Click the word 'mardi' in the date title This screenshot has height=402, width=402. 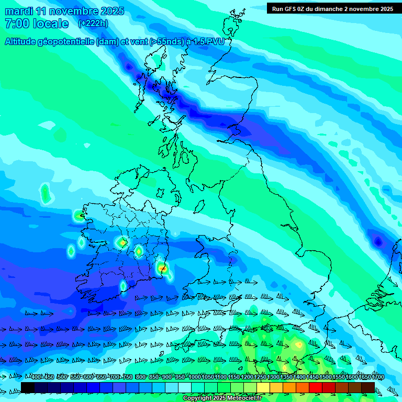coord(19,11)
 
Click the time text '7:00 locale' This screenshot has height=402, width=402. coord(37,24)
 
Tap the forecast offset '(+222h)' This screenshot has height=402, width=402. coord(93,23)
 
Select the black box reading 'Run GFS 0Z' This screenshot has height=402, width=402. coord(332,8)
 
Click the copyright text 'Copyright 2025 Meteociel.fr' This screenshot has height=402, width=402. coord(222,398)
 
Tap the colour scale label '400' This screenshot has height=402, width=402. coord(36,377)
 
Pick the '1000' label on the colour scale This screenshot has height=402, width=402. coord(195,377)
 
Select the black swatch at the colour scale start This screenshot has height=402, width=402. coord(28,387)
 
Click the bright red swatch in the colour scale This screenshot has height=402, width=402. coord(316,387)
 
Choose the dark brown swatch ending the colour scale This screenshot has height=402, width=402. coord(368,387)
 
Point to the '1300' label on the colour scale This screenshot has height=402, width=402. coord(273,377)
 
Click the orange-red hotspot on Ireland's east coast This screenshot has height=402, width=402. coord(162,269)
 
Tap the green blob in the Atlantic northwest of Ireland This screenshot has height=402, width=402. coord(45,193)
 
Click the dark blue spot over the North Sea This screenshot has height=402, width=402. coord(377,242)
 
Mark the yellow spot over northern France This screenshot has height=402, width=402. coord(299,345)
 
